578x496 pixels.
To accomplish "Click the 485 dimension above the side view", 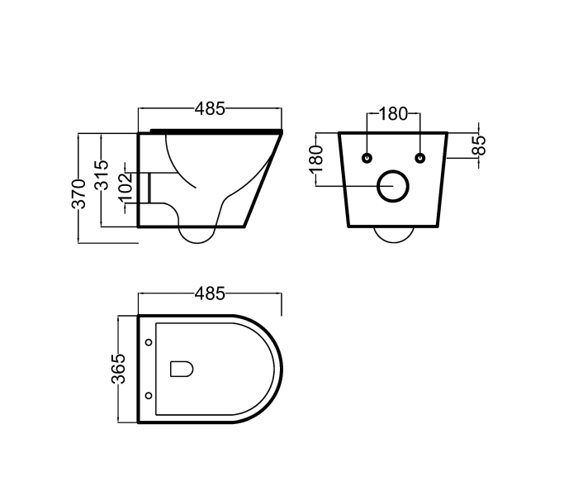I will tap(211, 108).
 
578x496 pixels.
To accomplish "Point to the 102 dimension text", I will tap(126, 184).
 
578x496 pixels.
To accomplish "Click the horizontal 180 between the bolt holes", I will tap(394, 114).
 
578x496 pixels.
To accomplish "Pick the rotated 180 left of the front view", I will tap(315, 160).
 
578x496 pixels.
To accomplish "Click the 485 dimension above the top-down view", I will tap(211, 293).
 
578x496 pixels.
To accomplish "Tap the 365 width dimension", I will tap(119, 369).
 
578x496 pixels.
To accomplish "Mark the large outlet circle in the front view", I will tap(394, 187).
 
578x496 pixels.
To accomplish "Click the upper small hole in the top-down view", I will tap(148, 342).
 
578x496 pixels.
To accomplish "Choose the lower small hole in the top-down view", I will tap(148, 396).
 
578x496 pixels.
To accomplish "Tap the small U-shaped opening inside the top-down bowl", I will tap(181, 369).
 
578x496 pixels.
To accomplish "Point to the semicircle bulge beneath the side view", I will tap(199, 236).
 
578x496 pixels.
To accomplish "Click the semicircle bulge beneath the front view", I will tap(394, 235).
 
